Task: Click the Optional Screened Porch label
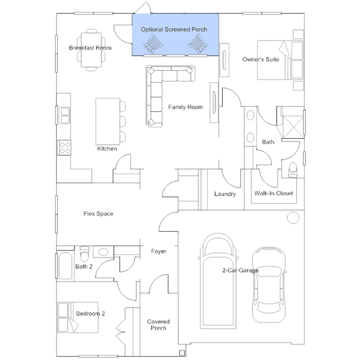174,29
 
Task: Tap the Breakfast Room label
90,48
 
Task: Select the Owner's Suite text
261,59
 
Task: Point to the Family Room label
185,107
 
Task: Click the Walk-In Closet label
273,194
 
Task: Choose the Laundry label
225,194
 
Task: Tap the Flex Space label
98,214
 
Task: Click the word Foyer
159,251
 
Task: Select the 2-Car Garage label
240,270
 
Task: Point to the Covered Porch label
158,325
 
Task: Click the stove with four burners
64,148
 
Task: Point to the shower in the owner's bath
292,122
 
